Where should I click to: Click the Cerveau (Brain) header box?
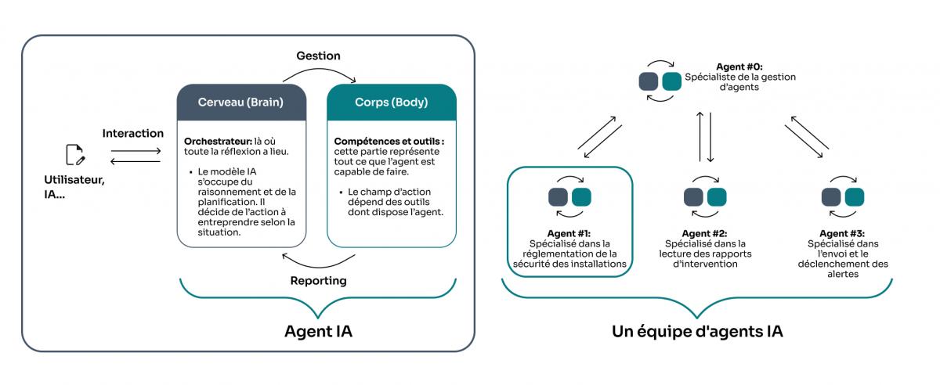(240, 103)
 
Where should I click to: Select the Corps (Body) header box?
(391, 103)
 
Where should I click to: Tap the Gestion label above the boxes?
(318, 56)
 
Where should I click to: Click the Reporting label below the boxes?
(318, 280)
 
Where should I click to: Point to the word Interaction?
(133, 134)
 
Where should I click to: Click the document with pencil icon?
(75, 155)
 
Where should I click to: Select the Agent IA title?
(317, 331)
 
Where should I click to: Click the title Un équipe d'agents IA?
(696, 331)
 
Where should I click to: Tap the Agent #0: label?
(739, 67)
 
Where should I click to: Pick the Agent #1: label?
(569, 233)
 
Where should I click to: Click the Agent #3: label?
(841, 233)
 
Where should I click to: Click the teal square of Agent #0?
(671, 81)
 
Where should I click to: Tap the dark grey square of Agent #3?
(830, 197)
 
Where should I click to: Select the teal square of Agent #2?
(717, 197)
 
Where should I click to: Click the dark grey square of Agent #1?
(558, 197)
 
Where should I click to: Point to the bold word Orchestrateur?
(214, 141)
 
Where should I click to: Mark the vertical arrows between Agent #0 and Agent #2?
(706, 135)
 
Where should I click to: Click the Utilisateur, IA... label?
(74, 186)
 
